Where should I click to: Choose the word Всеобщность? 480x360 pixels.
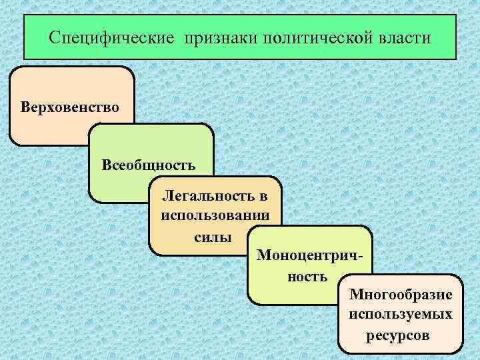coord(149,164)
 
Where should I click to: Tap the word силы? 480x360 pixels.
coord(214,237)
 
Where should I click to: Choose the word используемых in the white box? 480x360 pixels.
coord(400,313)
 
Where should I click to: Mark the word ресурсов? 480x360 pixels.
coord(398,334)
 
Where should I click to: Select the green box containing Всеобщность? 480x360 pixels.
coord(120,187)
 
